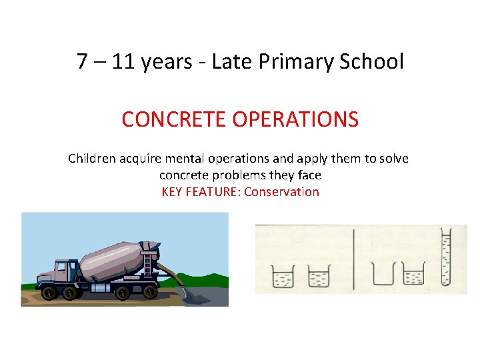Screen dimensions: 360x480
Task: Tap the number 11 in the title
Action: coord(123,62)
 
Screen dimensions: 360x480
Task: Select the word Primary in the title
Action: coord(291,62)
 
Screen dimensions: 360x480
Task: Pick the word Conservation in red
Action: coord(282,192)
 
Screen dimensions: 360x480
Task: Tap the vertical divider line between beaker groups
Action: coord(353,260)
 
